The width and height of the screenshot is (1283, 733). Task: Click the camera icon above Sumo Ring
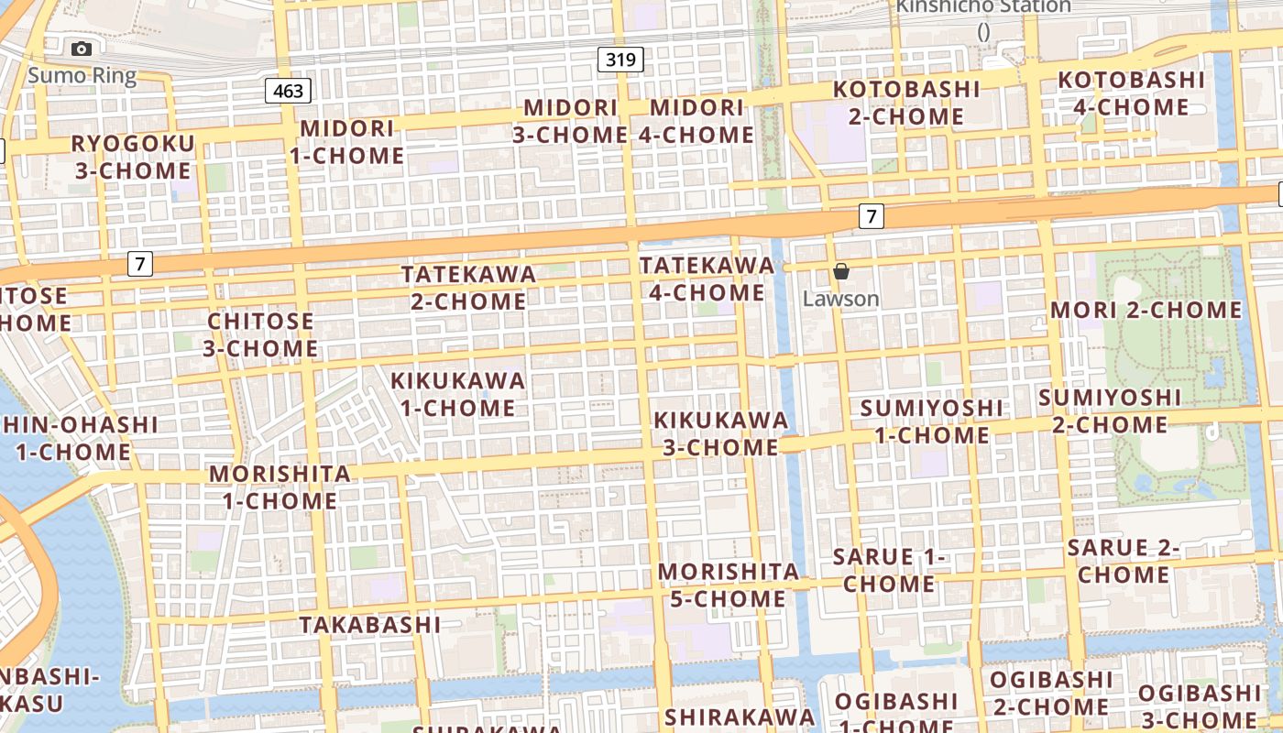pyautogui.click(x=82, y=49)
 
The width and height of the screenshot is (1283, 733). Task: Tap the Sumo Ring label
pyautogui.click(x=82, y=75)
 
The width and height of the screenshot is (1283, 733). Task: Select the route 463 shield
pyautogui.click(x=289, y=91)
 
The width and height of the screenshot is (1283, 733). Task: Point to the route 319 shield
pyautogui.click(x=620, y=60)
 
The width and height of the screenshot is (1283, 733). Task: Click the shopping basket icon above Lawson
pyautogui.click(x=841, y=271)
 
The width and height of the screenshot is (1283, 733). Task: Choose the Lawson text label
pyautogui.click(x=840, y=299)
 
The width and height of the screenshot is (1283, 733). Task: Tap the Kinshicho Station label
pyautogui.click(x=983, y=7)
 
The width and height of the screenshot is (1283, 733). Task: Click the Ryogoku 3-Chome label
pyautogui.click(x=133, y=157)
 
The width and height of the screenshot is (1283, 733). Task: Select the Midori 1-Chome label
pyautogui.click(x=347, y=142)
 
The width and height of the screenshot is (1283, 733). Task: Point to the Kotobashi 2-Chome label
pyautogui.click(x=906, y=103)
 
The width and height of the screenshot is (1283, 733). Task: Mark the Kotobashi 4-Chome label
pyautogui.click(x=1131, y=93)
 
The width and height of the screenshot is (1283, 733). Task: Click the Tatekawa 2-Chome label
pyautogui.click(x=468, y=287)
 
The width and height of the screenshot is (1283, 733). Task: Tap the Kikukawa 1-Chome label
pyautogui.click(x=458, y=394)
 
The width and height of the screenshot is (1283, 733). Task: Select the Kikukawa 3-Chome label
pyautogui.click(x=720, y=433)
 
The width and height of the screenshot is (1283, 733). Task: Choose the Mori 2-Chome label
pyautogui.click(x=1146, y=310)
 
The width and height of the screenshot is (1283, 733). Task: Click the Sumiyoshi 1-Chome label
pyautogui.click(x=931, y=421)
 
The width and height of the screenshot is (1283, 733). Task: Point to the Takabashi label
pyautogui.click(x=370, y=625)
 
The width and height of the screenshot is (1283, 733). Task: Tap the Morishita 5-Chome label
pyautogui.click(x=729, y=585)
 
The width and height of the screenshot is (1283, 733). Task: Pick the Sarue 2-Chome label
pyautogui.click(x=1124, y=561)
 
